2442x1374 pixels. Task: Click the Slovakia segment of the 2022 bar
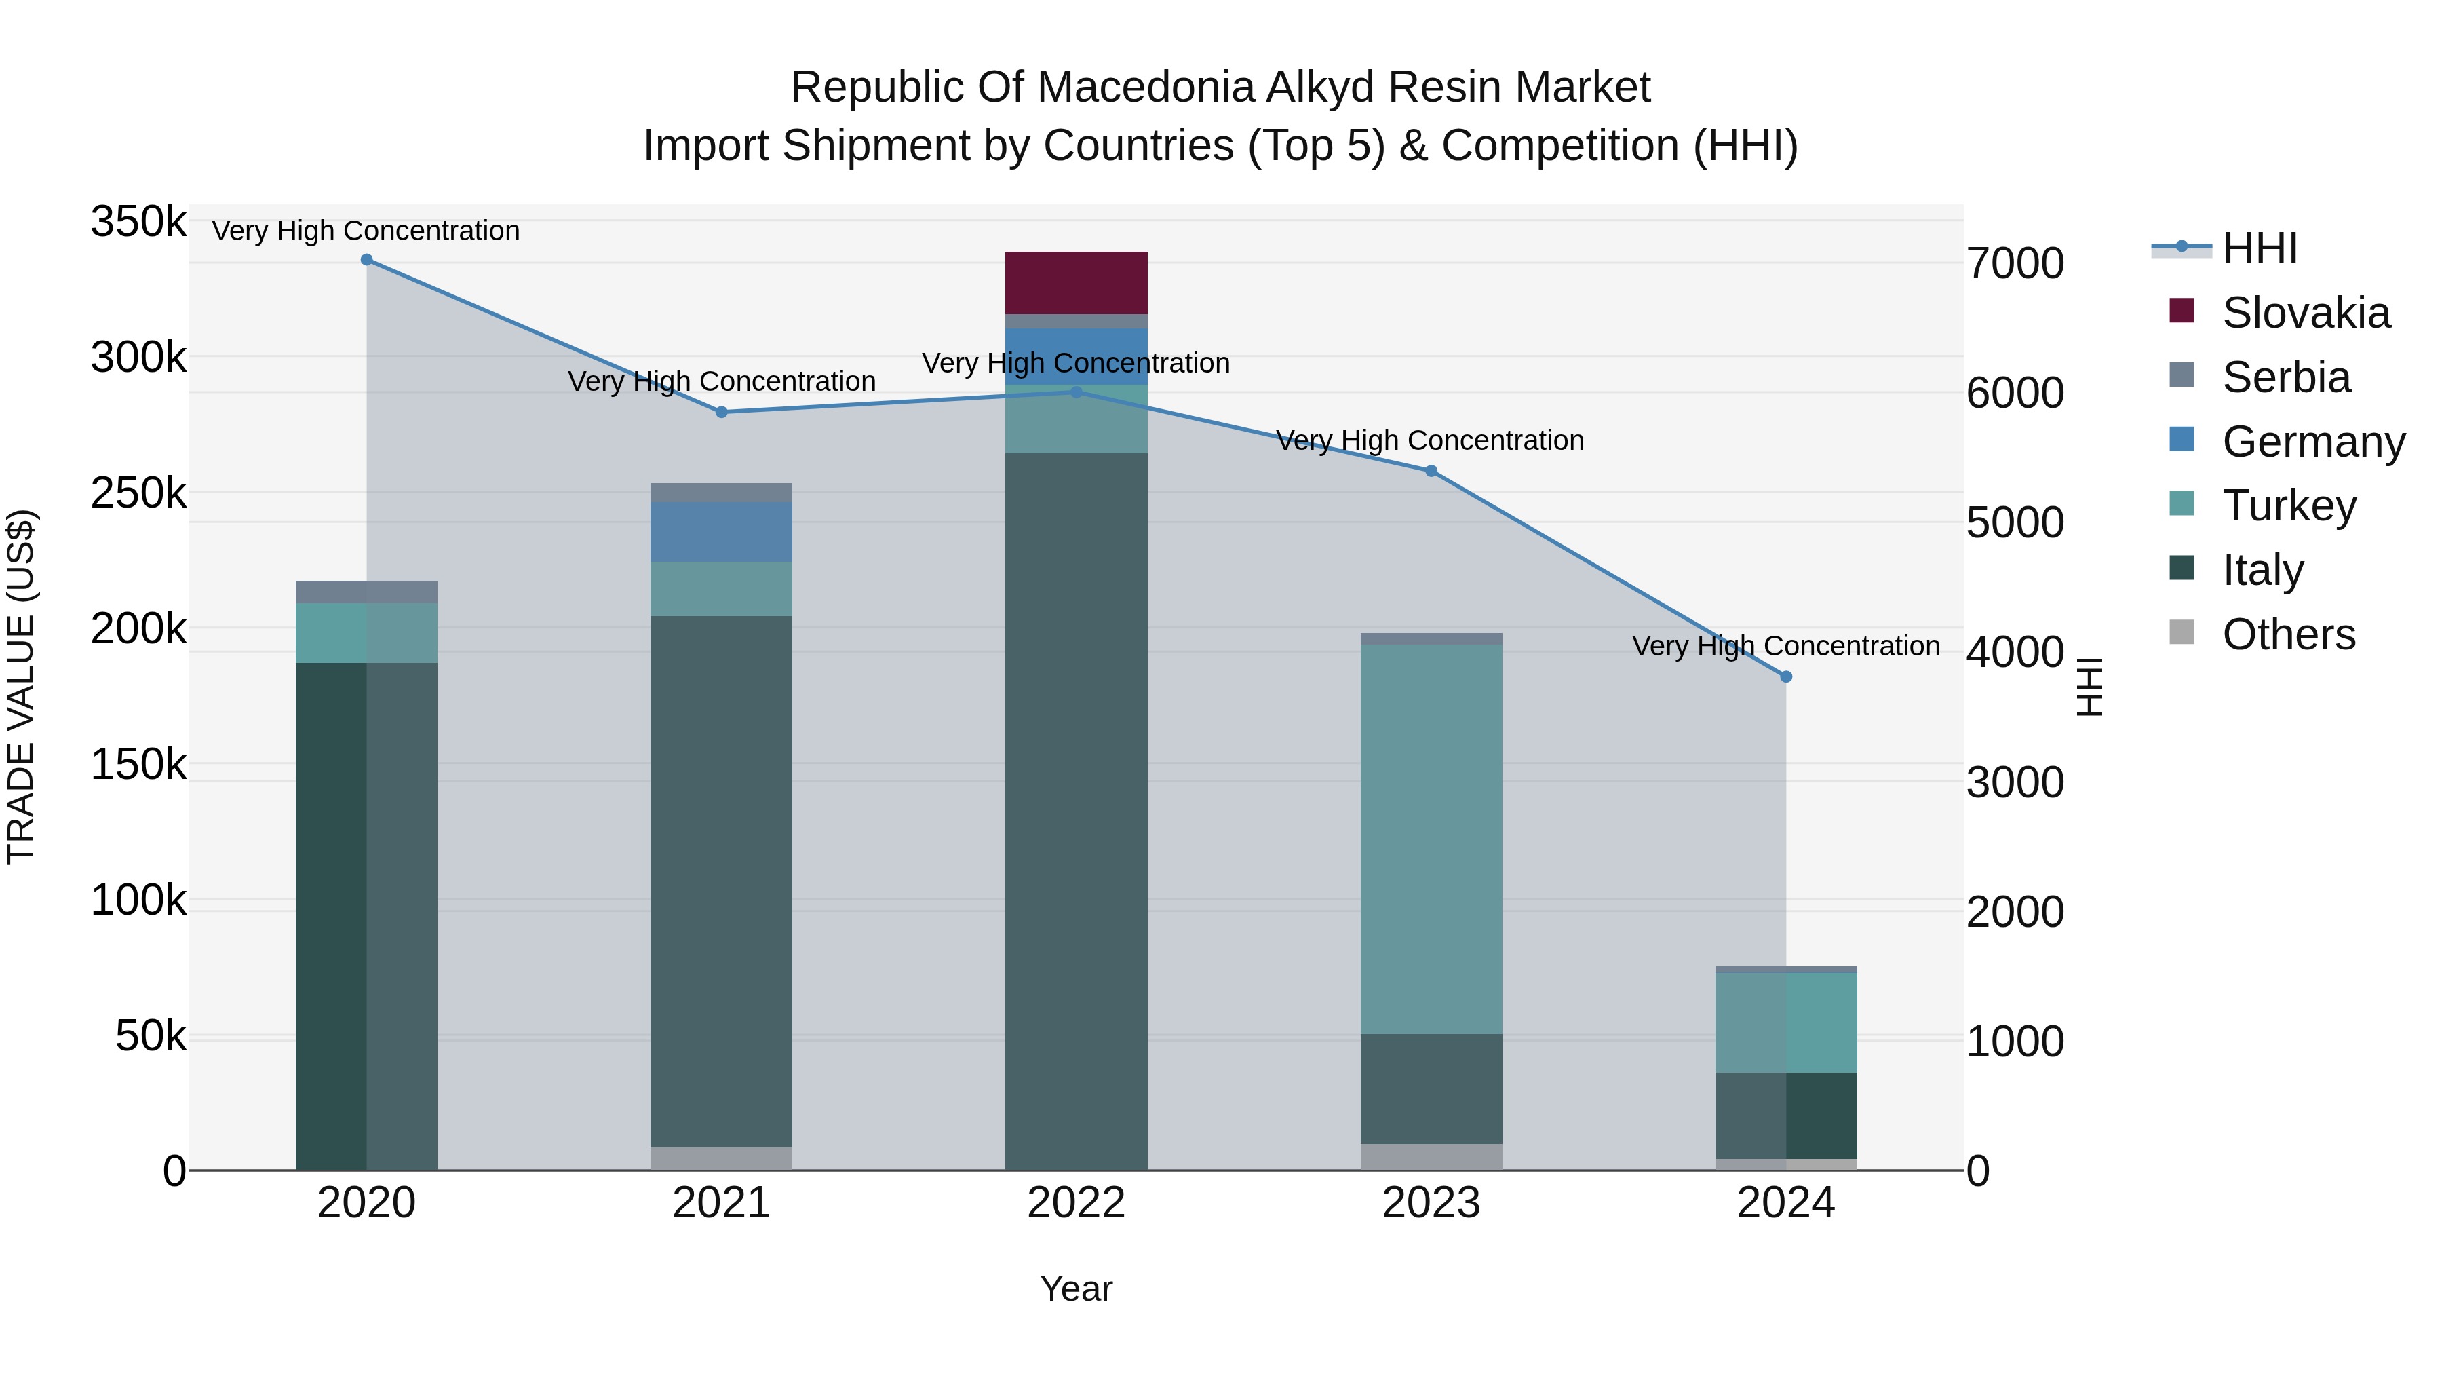1076,282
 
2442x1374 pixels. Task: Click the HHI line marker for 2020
367,260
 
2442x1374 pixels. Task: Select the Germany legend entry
2312,442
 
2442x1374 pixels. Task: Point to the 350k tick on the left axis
138,223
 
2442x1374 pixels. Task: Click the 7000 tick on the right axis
2015,264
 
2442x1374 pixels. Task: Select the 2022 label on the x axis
1076,1203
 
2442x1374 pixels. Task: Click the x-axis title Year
1076,1289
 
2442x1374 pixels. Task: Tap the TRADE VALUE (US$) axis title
21,687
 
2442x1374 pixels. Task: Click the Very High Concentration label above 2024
1786,646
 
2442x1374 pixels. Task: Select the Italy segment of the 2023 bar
1431,1088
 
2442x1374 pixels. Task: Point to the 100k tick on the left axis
138,900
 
